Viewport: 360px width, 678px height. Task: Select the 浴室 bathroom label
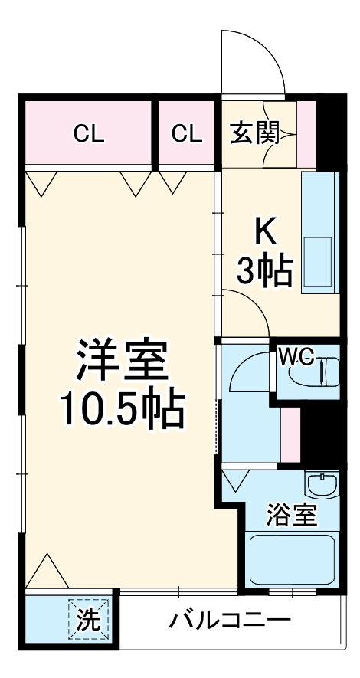click(292, 515)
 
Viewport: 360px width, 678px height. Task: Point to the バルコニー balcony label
click(230, 620)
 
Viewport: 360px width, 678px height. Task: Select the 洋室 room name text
click(121, 364)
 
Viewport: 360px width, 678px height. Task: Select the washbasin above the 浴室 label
click(321, 486)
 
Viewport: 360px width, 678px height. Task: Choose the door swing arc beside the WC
click(249, 368)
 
